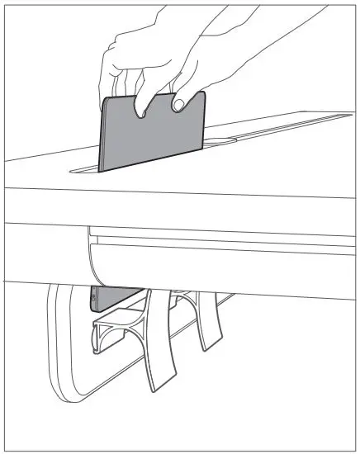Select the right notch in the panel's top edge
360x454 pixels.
pyautogui.click(x=178, y=103)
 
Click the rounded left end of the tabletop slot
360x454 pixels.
pyautogui.click(x=74, y=171)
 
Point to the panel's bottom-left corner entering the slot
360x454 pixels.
pyautogui.click(x=100, y=171)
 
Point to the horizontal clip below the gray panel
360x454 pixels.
pyautogui.click(x=116, y=326)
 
